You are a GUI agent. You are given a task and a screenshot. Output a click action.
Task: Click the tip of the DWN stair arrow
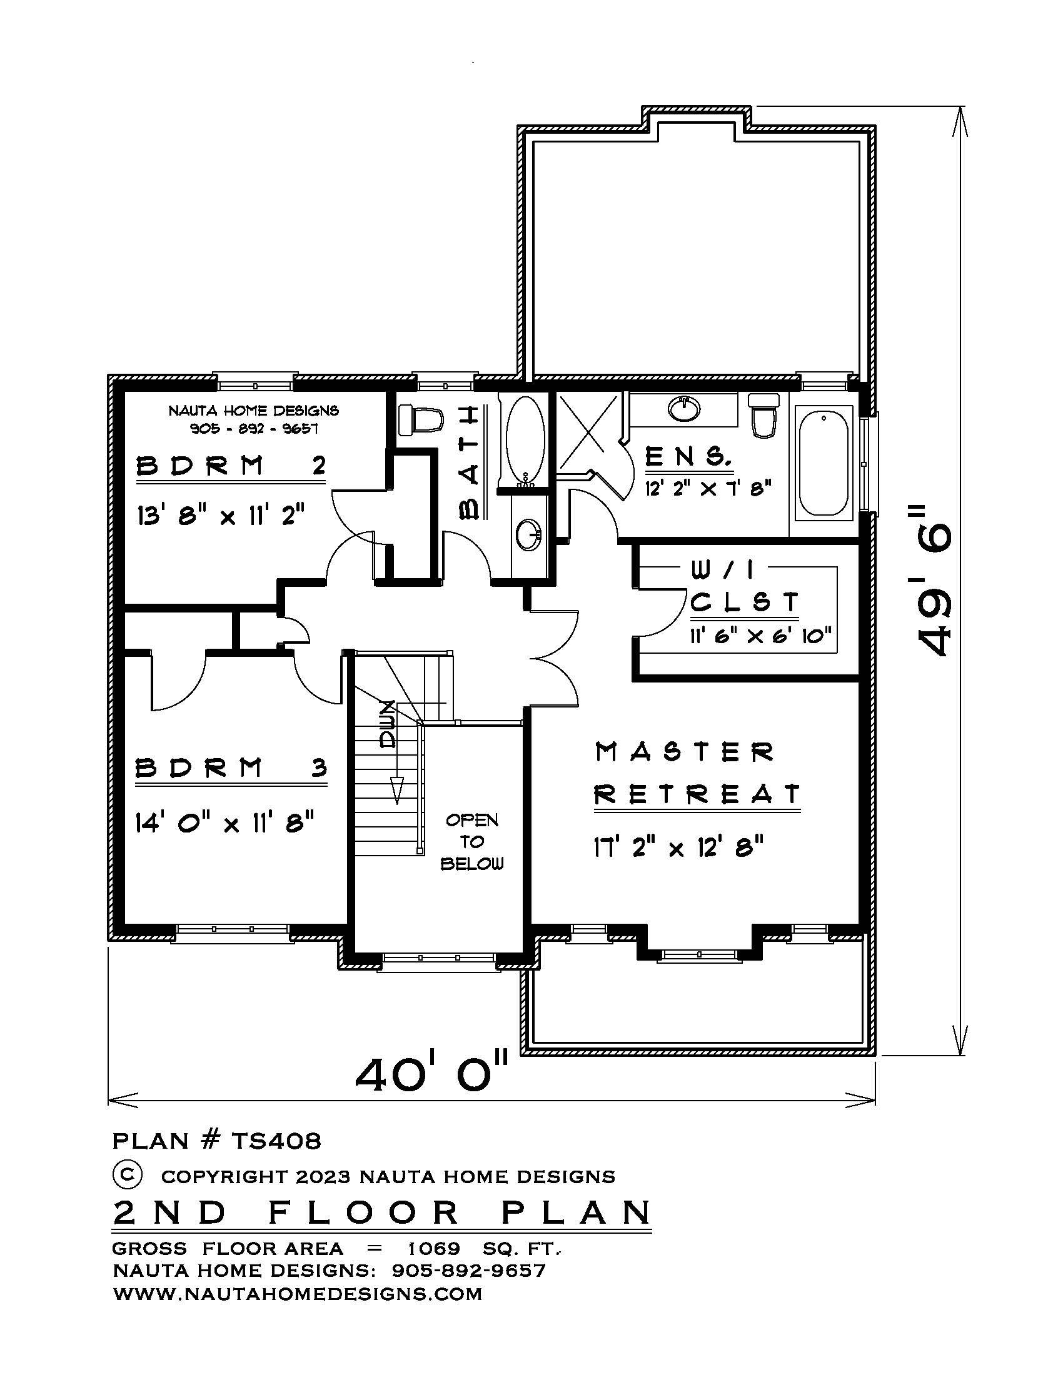(397, 804)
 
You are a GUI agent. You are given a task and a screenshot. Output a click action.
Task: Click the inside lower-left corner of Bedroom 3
(124, 923)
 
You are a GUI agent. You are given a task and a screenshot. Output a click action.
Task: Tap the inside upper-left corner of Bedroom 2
(124, 391)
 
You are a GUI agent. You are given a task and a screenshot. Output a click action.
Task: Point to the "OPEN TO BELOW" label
(472, 842)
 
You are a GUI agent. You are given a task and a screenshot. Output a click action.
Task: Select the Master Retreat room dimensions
(679, 847)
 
